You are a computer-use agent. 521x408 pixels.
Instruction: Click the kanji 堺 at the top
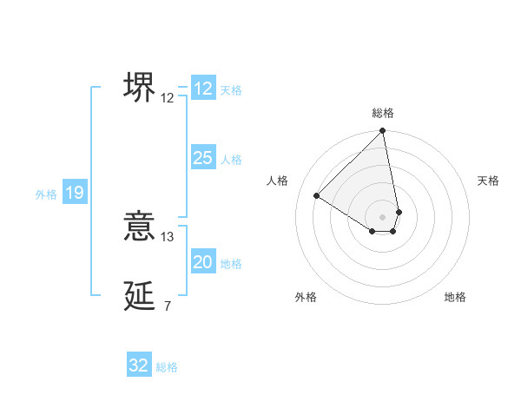(x=140, y=87)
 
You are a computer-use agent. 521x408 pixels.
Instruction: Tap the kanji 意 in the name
(x=140, y=227)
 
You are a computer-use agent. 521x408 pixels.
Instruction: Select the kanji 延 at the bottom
(x=140, y=296)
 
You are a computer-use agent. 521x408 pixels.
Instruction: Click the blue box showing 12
(x=203, y=89)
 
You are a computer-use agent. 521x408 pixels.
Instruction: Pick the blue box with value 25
(x=203, y=158)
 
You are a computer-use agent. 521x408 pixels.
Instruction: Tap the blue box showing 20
(x=203, y=262)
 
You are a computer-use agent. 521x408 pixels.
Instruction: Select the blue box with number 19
(x=75, y=193)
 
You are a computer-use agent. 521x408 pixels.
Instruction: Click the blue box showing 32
(x=139, y=365)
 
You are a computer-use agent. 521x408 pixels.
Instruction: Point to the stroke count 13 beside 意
(x=168, y=236)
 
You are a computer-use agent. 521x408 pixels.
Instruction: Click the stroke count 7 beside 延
(x=167, y=306)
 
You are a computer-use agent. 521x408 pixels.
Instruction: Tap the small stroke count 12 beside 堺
(x=168, y=97)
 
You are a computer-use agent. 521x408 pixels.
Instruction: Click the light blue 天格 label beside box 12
(x=231, y=89)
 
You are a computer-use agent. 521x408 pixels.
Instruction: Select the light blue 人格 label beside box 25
(x=231, y=160)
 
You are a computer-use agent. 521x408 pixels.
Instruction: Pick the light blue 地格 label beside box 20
(x=231, y=264)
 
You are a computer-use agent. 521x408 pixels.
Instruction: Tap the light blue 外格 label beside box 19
(x=46, y=194)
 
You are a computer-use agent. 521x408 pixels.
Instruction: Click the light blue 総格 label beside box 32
(x=167, y=367)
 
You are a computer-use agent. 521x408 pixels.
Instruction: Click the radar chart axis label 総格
(x=383, y=113)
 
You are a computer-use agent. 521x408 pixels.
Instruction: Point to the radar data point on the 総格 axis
(x=383, y=132)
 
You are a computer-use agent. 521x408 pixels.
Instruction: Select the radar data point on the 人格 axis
(x=317, y=195)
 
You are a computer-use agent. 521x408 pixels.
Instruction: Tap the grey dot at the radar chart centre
(x=383, y=216)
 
